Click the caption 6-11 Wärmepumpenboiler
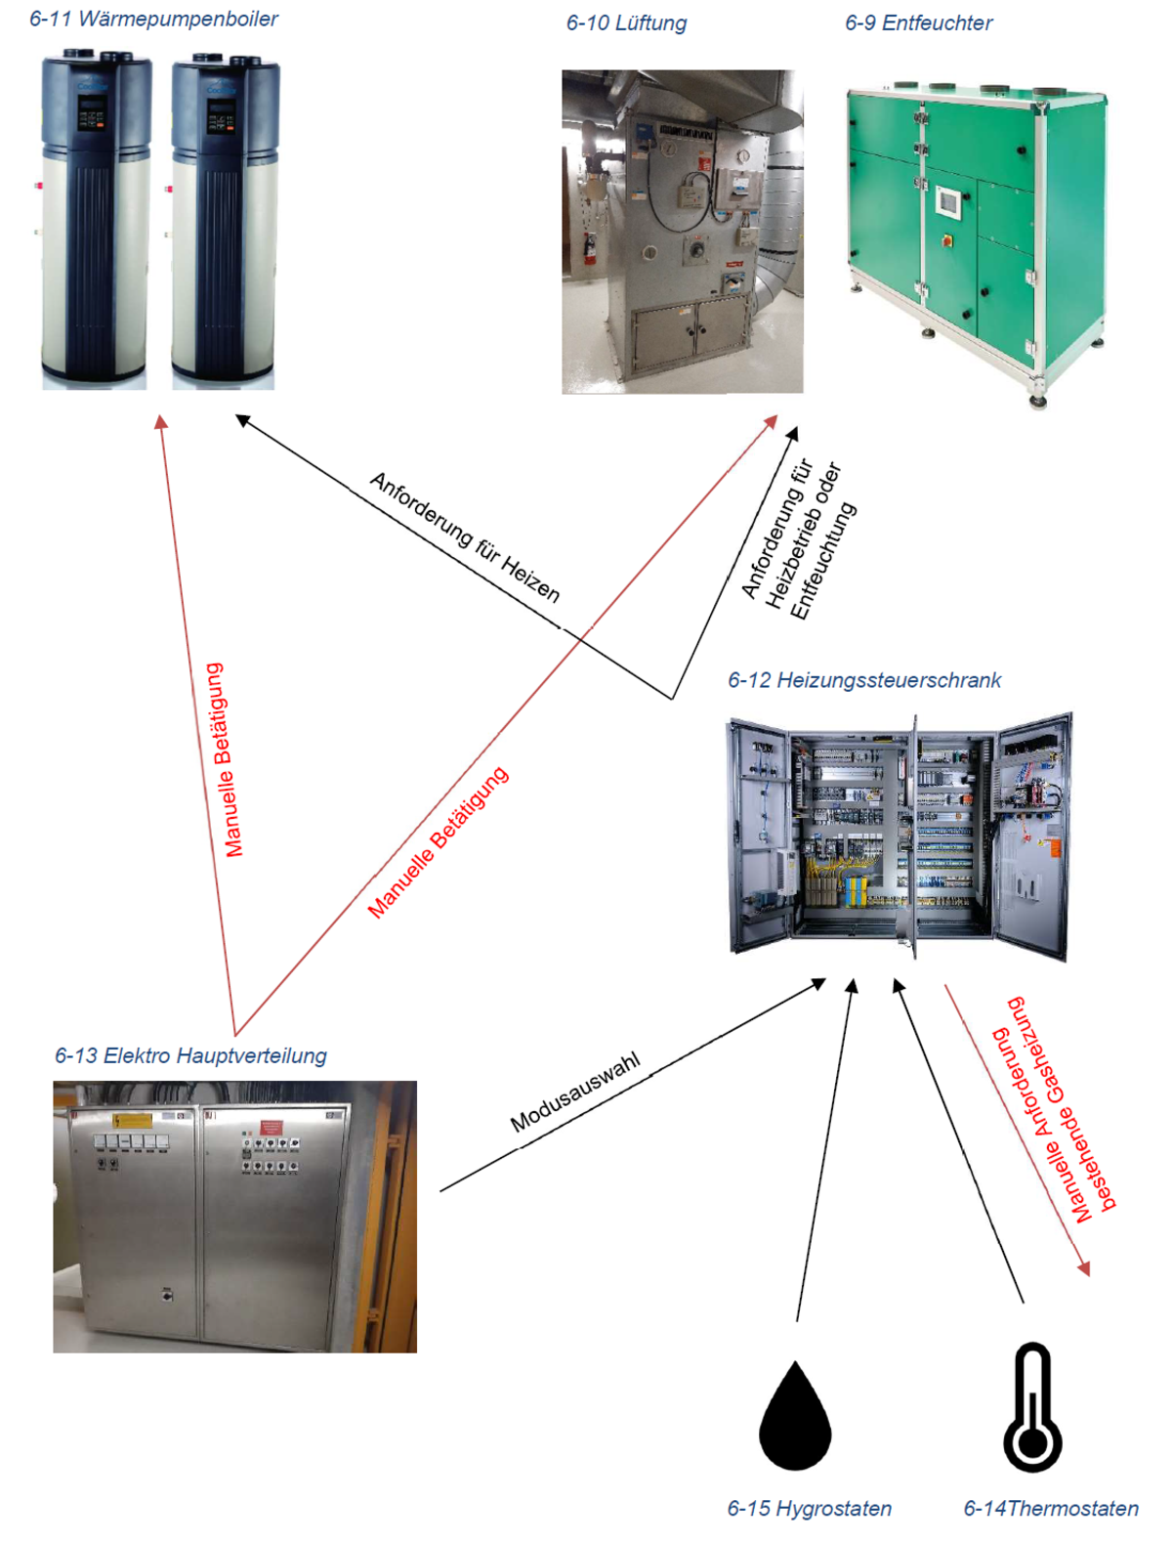[x=153, y=19]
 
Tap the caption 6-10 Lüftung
[x=626, y=22]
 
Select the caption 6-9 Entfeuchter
[x=918, y=22]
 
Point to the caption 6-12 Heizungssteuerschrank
[x=864, y=680]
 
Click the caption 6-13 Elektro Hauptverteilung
[x=190, y=1055]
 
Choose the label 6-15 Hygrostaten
[x=809, y=1508]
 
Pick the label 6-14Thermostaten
[x=1051, y=1508]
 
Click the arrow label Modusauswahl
[x=575, y=1092]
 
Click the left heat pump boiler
[x=95, y=220]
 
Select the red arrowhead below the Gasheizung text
[x=1082, y=1267]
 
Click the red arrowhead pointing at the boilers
[x=161, y=422]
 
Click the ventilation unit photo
[x=682, y=232]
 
